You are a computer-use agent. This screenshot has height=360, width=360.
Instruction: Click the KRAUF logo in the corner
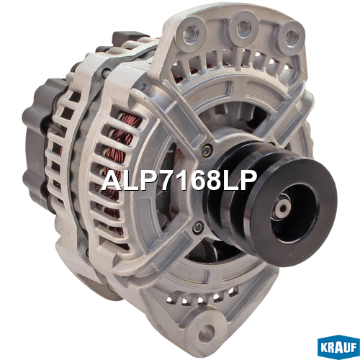point(338,348)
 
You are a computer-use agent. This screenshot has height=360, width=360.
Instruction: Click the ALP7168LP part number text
point(179,181)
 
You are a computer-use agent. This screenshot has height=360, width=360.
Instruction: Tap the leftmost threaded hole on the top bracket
point(191,33)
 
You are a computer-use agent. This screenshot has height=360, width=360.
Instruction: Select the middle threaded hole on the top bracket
point(243,29)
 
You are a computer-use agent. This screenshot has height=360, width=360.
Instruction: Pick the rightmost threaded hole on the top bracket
point(291,37)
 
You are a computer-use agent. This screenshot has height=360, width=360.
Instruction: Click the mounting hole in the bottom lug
point(207,332)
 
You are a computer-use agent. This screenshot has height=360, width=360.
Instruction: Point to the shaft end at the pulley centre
point(284,207)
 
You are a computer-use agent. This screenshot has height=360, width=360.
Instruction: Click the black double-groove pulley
point(271,202)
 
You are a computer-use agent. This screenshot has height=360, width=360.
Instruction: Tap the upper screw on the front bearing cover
point(207,151)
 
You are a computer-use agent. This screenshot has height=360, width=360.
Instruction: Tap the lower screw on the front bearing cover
point(198,228)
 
